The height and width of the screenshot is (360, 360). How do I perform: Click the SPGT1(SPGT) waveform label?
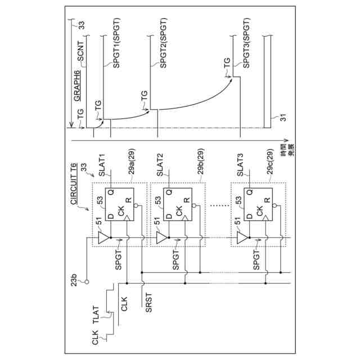pos(116,43)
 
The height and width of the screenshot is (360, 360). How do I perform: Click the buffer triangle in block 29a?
pos(103,238)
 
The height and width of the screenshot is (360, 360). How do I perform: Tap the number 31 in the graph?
pos(276,118)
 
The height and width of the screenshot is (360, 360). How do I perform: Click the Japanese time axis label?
pos(287,154)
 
